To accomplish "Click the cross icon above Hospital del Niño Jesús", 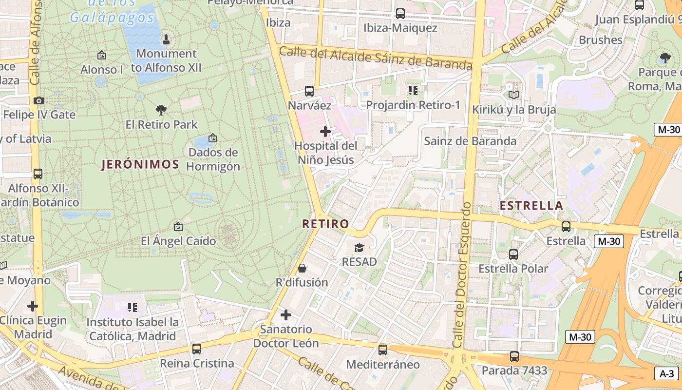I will tap(325, 132).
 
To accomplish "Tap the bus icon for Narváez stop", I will tap(309, 91).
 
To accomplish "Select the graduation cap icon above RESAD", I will tap(359, 248).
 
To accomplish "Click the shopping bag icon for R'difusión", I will tap(302, 268).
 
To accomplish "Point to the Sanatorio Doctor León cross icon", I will tap(286, 315).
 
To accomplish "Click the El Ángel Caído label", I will tap(178, 241).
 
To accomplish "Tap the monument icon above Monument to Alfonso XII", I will tap(166, 39).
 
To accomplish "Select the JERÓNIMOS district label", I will tap(140, 164).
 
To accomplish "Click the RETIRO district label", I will tap(325, 224).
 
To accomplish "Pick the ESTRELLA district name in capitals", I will tap(531, 206).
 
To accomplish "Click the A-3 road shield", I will tap(666, 374).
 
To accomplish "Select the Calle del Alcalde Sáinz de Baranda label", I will tap(376, 57).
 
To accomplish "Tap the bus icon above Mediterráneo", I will tap(383, 350).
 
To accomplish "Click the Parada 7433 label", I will tap(514, 370).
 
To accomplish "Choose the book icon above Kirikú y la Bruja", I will tap(514, 95).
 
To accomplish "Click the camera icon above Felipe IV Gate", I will tap(39, 101).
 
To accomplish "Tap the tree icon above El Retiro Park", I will tap(161, 110).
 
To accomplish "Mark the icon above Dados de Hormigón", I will tap(212, 138).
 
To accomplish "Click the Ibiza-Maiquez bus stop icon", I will tap(400, 14).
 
